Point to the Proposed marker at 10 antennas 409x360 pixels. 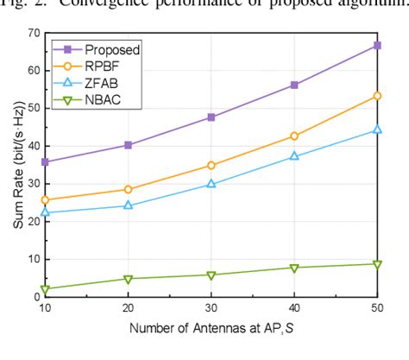coord(45,161)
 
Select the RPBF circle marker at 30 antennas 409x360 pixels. coord(211,165)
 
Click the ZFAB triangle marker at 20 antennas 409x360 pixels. coord(129,205)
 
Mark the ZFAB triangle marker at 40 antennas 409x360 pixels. coord(294,156)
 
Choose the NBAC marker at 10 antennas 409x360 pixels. coord(45,289)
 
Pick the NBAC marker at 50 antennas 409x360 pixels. coord(377,264)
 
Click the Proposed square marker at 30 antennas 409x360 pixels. coord(211,117)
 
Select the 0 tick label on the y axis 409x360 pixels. coord(35,297)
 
